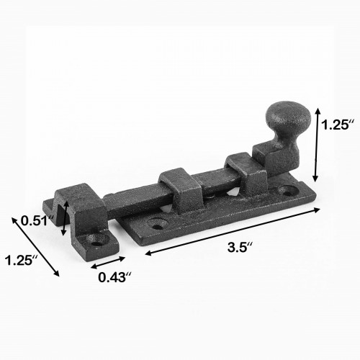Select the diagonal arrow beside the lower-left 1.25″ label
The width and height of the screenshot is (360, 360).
click(35, 246)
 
